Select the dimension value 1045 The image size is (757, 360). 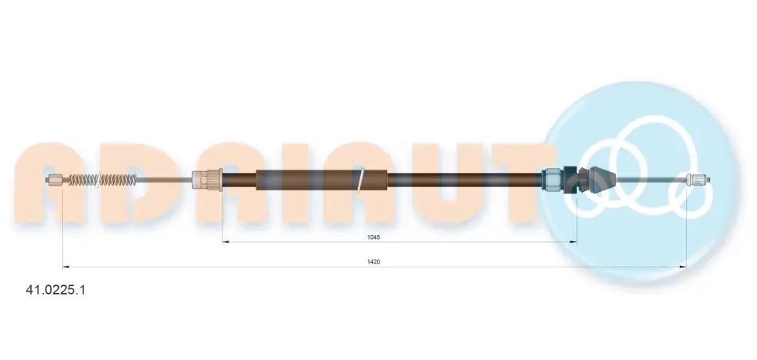374,237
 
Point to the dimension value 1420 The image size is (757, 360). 374,261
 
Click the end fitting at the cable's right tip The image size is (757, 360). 697,181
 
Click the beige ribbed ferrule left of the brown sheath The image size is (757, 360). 208,180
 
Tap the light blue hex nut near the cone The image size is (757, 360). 553,180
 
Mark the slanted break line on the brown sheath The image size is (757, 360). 361,180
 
